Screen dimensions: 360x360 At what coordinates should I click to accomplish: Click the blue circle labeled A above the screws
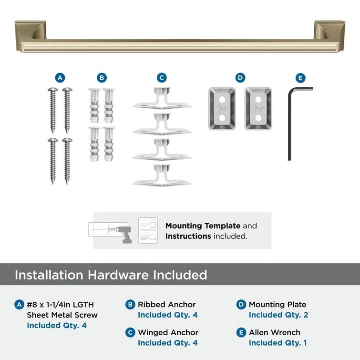click(x=60, y=78)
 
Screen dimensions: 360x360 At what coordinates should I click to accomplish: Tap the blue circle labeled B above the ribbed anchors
click(x=102, y=78)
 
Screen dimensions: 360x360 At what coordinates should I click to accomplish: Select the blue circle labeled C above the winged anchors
click(x=162, y=78)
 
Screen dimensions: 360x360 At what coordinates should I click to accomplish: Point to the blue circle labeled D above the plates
click(x=240, y=78)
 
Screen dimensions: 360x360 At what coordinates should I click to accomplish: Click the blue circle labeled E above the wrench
click(x=300, y=78)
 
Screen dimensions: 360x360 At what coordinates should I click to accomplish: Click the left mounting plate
click(x=222, y=108)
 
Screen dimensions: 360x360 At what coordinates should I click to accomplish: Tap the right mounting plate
click(x=258, y=108)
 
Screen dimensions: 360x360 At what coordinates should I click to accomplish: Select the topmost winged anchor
click(x=162, y=99)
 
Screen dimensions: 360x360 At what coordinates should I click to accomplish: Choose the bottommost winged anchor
click(x=162, y=176)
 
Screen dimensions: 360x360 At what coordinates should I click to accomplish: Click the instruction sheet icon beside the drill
click(x=148, y=230)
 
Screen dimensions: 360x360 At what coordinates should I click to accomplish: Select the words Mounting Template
click(x=203, y=226)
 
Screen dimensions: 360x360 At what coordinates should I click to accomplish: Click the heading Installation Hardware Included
click(x=111, y=275)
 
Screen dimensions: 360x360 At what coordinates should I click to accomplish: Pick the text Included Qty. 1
click(x=278, y=343)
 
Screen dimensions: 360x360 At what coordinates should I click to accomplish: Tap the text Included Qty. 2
click(x=278, y=315)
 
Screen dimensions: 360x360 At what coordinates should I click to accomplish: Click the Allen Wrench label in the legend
click(x=274, y=332)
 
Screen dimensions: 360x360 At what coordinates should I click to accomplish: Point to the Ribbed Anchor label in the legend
click(x=166, y=304)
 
